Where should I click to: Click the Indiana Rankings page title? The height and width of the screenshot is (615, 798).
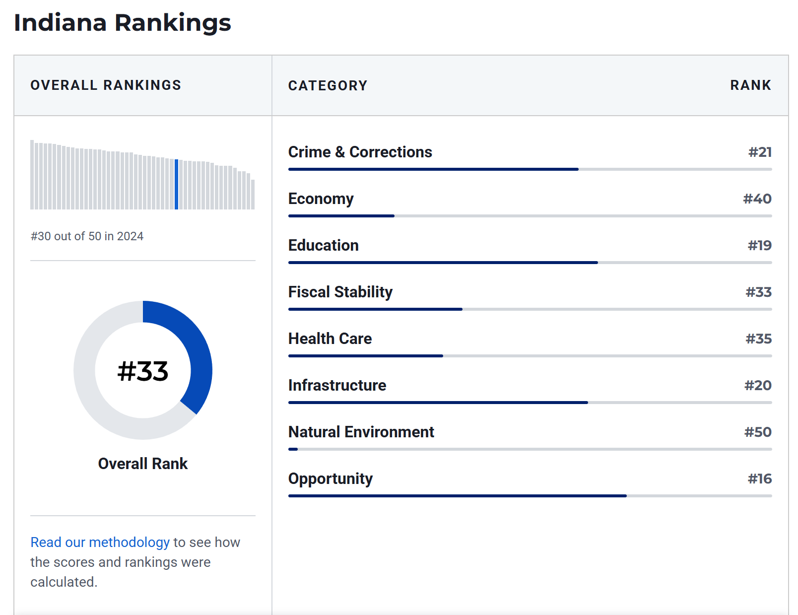click(123, 23)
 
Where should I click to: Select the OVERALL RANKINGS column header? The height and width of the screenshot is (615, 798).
click(106, 85)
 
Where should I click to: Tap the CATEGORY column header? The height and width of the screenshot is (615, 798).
click(328, 86)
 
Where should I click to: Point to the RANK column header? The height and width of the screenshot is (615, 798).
click(750, 85)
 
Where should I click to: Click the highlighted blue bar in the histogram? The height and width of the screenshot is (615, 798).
click(176, 184)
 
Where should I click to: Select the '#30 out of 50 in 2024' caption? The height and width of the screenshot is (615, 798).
click(87, 236)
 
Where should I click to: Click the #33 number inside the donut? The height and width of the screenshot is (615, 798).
click(143, 371)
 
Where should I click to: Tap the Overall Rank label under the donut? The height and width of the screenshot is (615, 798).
click(143, 464)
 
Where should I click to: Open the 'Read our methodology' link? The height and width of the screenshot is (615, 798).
click(100, 543)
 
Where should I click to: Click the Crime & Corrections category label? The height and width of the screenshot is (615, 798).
click(360, 152)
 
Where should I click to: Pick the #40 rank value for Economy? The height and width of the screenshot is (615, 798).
click(757, 199)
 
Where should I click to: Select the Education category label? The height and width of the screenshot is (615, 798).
click(323, 245)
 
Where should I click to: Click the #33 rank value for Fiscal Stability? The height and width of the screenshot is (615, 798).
click(758, 292)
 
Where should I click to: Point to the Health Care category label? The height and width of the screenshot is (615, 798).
click(330, 339)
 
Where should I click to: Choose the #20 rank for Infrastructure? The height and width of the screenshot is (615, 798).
click(758, 386)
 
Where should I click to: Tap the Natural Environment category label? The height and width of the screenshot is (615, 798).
click(361, 432)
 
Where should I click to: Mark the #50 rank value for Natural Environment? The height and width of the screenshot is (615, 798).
click(758, 432)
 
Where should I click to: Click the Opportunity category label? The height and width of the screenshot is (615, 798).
click(330, 479)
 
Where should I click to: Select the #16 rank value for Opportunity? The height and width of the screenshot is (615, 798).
click(759, 479)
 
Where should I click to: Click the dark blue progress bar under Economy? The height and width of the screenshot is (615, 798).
click(341, 216)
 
